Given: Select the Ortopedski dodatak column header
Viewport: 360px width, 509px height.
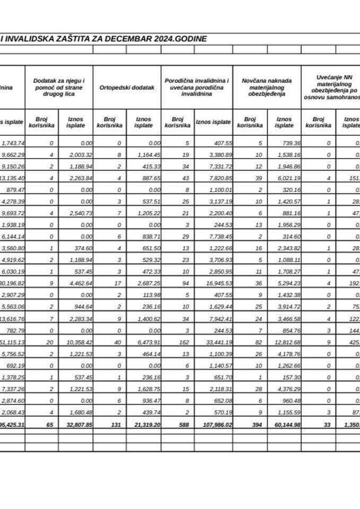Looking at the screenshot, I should (127, 87).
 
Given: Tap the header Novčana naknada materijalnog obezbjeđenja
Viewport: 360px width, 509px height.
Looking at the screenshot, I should (267, 87).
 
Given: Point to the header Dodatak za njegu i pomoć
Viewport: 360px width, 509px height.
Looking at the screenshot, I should (59, 87).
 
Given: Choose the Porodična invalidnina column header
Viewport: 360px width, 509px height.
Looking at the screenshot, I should (197, 87).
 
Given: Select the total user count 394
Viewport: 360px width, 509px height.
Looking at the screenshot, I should (250, 424).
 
